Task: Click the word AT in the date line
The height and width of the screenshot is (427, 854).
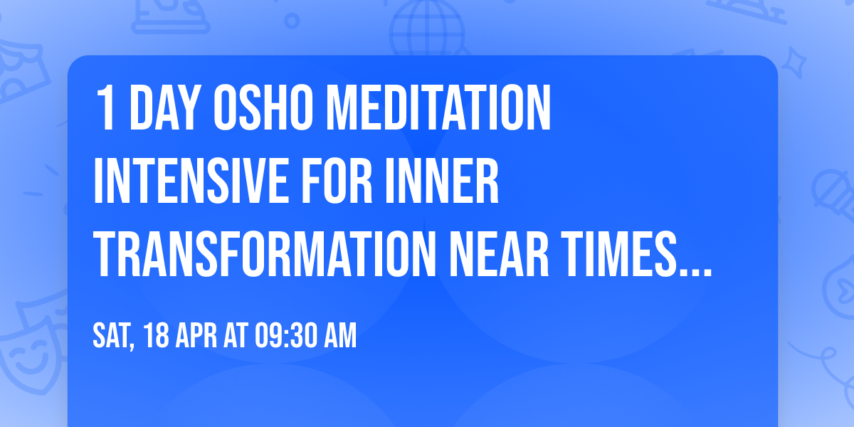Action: coord(237,337)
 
